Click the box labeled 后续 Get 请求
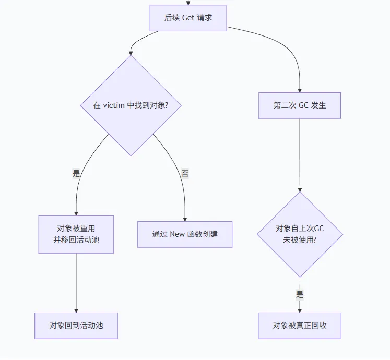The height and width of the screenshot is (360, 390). click(188, 18)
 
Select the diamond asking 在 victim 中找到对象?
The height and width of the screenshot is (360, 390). click(131, 105)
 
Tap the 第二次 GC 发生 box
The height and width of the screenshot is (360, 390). click(300, 105)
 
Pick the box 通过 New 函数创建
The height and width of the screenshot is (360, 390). click(185, 234)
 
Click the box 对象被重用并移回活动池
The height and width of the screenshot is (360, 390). click(76, 234)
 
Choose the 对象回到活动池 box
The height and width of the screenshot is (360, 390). click(76, 326)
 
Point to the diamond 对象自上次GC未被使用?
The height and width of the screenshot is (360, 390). click(300, 234)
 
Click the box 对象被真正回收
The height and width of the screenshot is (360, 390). click(300, 326)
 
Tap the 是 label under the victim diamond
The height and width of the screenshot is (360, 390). click(76, 174)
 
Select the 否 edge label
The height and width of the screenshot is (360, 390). click(185, 174)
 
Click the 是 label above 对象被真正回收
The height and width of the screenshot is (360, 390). click(300, 295)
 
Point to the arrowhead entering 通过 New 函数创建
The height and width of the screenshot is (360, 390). click(185, 219)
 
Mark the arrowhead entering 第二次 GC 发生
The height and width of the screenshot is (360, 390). click(300, 90)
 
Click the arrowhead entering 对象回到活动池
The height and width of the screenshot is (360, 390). click(76, 310)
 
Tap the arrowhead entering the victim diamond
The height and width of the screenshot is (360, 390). click(131, 53)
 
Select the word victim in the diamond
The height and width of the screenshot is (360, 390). click(114, 105)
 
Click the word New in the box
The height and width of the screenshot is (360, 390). click(178, 234)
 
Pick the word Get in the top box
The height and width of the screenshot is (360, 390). click(188, 18)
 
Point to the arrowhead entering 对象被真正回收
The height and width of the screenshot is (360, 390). click(300, 310)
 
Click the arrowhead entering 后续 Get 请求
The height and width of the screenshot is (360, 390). click(188, 3)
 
